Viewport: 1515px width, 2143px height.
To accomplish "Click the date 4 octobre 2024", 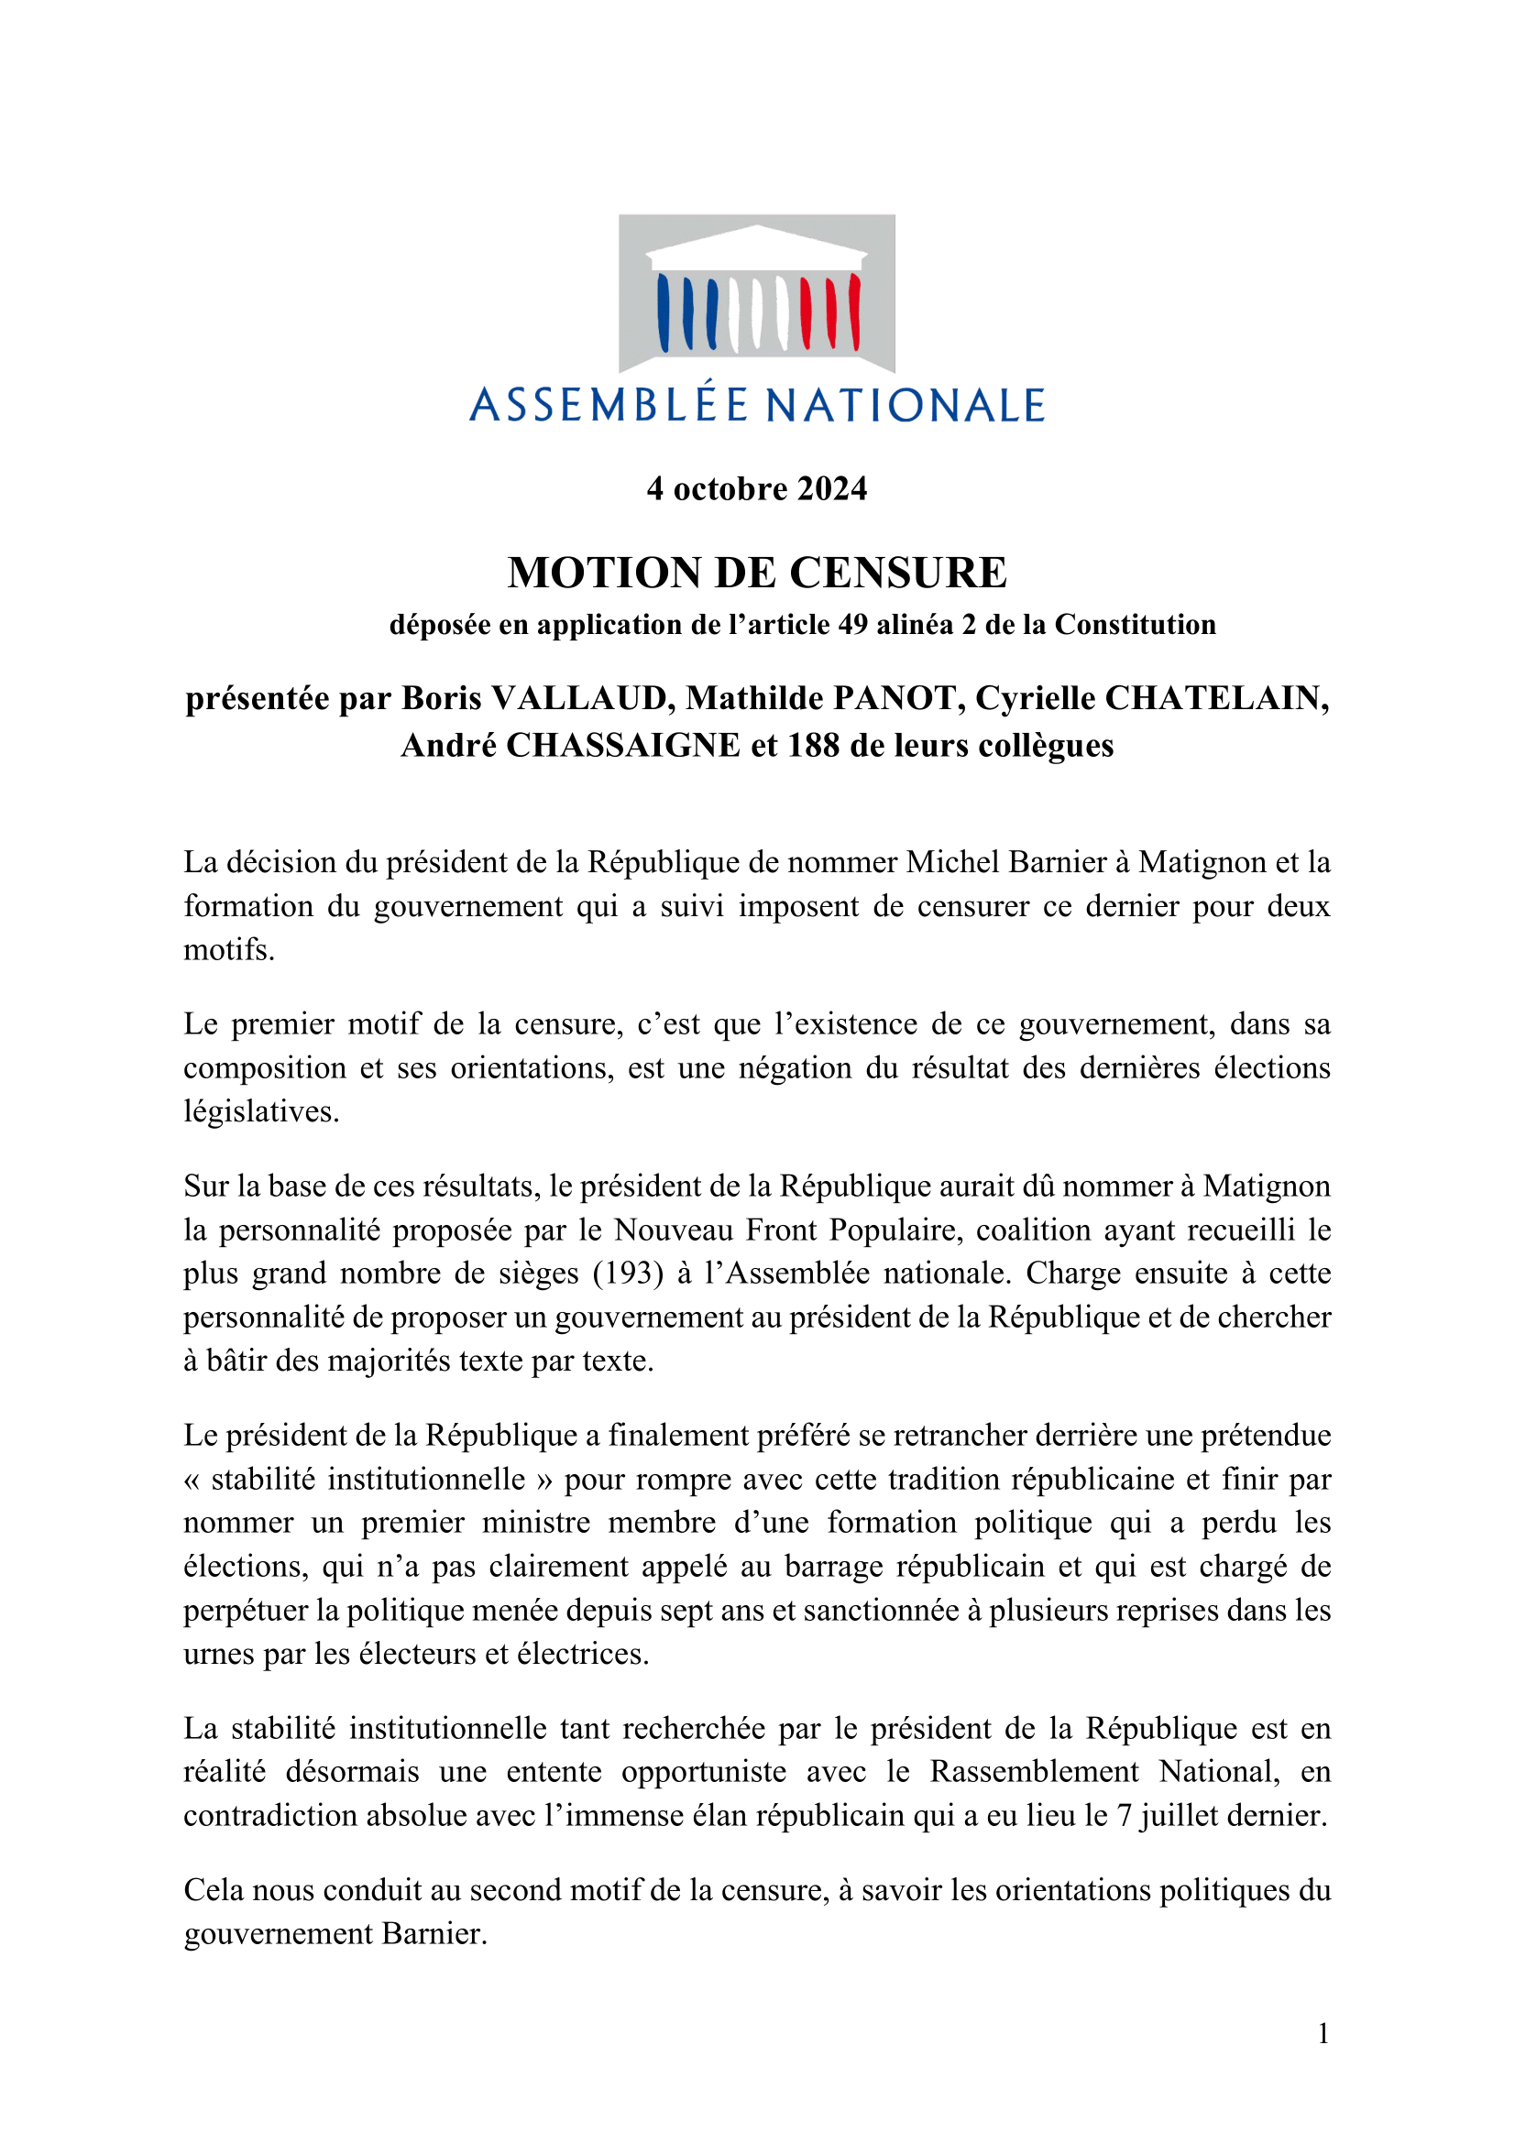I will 756,489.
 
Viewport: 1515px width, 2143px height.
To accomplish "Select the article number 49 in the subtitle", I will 852,625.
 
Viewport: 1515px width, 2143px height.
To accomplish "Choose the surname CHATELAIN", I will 1216,698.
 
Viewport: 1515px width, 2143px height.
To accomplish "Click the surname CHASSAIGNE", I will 622,746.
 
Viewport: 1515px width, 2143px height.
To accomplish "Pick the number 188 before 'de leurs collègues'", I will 813,746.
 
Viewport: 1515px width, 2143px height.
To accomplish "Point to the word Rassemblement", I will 1034,1772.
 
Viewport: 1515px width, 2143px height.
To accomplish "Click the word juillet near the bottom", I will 1179,1815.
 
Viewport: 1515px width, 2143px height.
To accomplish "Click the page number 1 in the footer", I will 1323,2033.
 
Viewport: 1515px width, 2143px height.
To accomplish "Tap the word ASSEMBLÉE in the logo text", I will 609,406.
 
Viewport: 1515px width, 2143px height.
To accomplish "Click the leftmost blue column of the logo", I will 664,312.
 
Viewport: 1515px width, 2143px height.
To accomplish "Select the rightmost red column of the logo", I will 853,312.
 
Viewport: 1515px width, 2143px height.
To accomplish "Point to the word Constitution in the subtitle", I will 1135,625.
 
